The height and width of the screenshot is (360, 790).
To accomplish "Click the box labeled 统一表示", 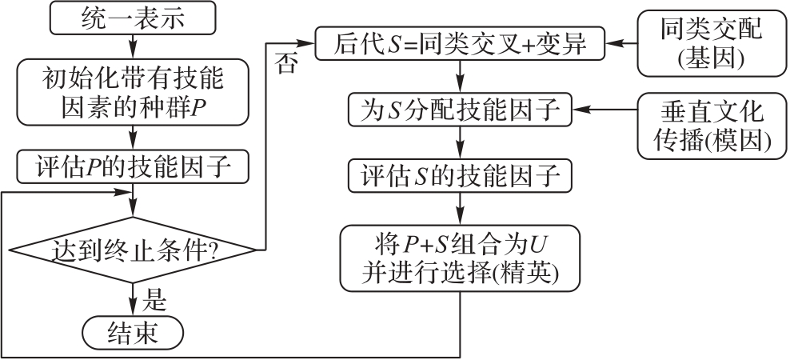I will [x=133, y=19].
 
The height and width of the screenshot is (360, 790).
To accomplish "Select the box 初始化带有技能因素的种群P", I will [x=133, y=94].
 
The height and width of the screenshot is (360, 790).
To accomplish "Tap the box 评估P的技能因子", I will [x=133, y=167].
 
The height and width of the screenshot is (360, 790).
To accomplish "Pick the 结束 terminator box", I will [x=133, y=331].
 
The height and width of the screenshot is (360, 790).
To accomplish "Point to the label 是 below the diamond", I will [x=154, y=300].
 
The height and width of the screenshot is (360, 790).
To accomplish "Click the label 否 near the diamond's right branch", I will [x=285, y=63].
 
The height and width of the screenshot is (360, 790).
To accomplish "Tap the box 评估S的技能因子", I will [x=460, y=176].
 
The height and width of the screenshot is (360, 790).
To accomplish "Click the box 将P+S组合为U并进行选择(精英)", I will [x=460, y=257].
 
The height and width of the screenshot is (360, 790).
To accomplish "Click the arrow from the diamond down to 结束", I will [x=133, y=299].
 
